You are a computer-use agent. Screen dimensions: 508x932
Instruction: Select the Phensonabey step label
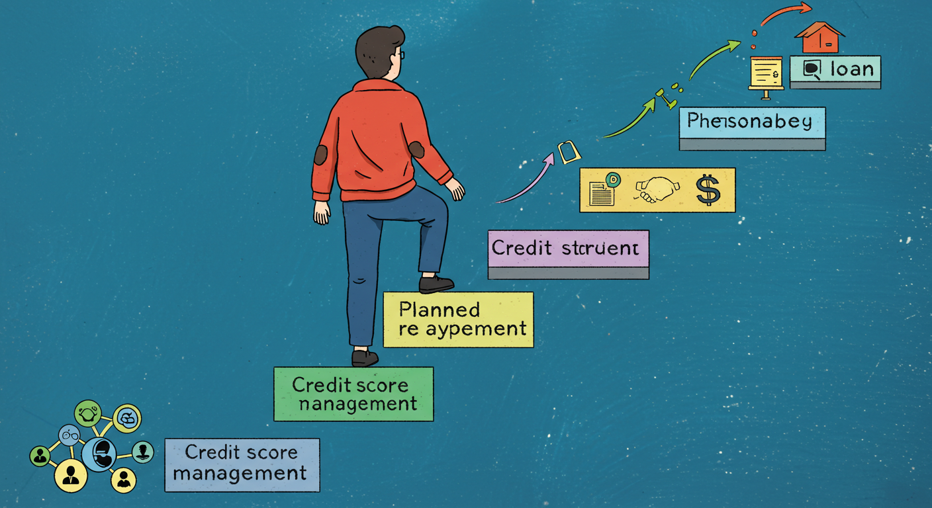(x=752, y=122)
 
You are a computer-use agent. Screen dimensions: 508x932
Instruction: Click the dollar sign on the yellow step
(x=708, y=189)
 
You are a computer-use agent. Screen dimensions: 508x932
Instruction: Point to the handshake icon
(x=657, y=189)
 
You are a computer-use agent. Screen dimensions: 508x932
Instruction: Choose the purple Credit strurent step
(x=568, y=249)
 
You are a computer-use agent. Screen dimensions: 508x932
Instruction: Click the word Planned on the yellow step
(x=440, y=309)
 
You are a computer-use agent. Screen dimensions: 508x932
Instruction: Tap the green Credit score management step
(x=353, y=394)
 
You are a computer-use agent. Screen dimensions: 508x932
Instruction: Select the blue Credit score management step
(x=242, y=464)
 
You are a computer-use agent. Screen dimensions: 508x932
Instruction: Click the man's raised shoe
(x=436, y=284)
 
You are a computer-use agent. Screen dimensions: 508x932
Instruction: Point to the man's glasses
(x=401, y=54)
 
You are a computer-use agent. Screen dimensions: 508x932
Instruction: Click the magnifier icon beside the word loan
(x=811, y=69)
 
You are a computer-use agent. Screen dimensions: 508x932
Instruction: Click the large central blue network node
(x=100, y=454)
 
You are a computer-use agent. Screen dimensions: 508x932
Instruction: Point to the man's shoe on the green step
(x=365, y=358)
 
